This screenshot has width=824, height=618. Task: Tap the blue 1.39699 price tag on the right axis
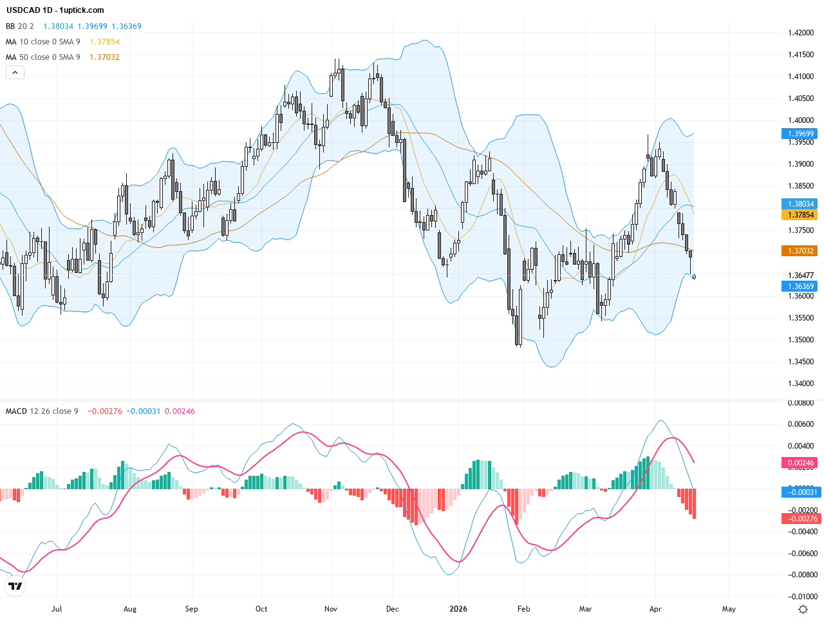[800, 134]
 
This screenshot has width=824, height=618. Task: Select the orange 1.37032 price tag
[800, 251]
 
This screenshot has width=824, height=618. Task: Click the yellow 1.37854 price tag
[800, 215]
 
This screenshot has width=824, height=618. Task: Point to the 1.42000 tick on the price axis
[800, 33]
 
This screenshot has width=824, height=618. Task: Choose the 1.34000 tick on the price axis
[800, 384]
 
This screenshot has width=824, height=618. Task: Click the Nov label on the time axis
[331, 609]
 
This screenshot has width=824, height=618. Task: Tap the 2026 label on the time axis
[458, 609]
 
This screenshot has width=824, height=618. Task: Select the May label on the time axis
[729, 609]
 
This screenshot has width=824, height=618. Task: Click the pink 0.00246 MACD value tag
[800, 463]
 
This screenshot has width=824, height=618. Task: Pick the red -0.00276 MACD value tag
[800, 519]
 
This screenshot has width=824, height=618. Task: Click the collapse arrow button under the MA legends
[15, 73]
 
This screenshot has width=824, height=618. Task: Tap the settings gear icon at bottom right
[803, 609]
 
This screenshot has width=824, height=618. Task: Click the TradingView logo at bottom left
[15, 586]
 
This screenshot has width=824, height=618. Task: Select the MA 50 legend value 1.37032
[104, 57]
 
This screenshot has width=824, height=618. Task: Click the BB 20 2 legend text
[20, 26]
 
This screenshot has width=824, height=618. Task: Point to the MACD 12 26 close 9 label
[42, 411]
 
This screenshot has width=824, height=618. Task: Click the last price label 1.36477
[800, 276]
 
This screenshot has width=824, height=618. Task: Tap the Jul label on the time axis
[57, 609]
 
